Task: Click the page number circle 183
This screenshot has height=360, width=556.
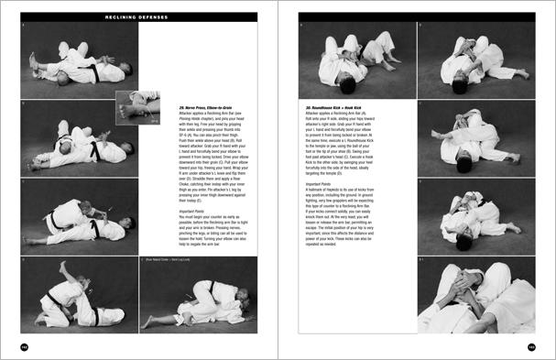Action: click(531, 347)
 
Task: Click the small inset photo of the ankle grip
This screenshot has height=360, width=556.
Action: click(138, 108)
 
